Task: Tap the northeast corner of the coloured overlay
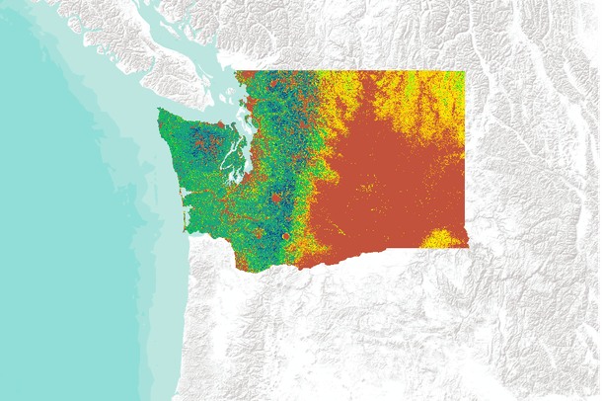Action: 465,71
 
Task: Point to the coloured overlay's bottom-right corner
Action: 467,247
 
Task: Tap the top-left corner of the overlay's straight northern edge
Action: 236,71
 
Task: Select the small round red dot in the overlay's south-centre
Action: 285,237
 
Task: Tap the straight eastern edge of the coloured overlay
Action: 466,158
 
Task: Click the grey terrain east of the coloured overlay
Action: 533,178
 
